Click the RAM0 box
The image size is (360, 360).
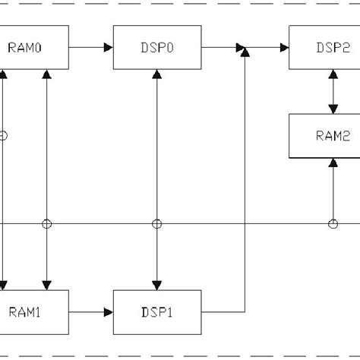34,47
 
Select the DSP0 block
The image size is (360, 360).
157,47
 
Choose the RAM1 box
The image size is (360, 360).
34,311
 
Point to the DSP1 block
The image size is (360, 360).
157,311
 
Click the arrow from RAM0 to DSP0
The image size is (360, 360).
91,47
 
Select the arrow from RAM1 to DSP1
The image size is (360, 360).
91,311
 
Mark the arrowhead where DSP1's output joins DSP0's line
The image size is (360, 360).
244,51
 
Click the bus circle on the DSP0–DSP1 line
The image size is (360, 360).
157,223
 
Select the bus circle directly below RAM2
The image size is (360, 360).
333,223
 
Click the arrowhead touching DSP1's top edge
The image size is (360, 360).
157,284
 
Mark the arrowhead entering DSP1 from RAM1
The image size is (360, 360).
108,311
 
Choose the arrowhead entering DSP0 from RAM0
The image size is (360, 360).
108,47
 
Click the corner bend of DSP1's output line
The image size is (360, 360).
244,311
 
